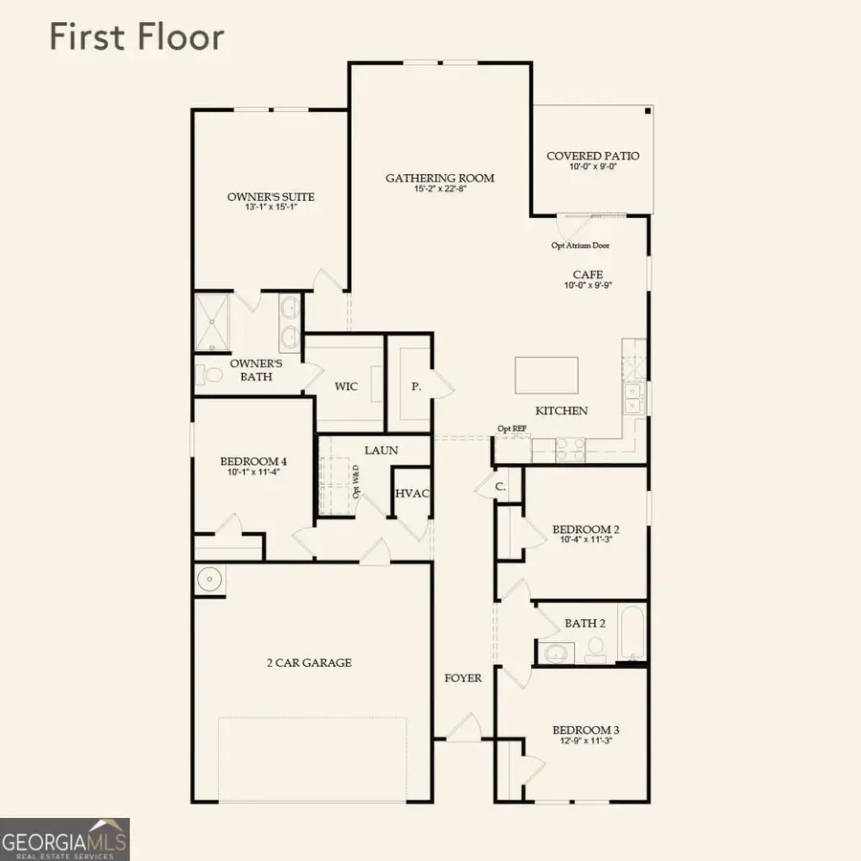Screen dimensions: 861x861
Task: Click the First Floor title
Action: click(136, 37)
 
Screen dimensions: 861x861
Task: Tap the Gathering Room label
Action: click(440, 178)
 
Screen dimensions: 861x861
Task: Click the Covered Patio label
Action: click(593, 156)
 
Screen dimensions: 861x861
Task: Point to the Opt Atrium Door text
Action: click(581, 245)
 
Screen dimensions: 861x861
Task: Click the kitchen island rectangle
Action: click(546, 375)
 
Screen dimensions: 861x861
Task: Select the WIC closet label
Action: click(345, 387)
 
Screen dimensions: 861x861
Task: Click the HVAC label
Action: click(412, 493)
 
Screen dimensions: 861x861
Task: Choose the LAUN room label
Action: click(381, 450)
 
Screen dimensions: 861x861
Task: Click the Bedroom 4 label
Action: click(254, 461)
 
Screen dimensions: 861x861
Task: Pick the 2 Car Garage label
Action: click(309, 662)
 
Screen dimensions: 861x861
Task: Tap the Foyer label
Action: click(463, 678)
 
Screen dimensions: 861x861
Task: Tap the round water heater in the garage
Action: click(209, 579)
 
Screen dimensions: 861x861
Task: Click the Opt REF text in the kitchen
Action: click(512, 429)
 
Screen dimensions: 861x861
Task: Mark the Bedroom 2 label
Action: click(586, 529)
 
